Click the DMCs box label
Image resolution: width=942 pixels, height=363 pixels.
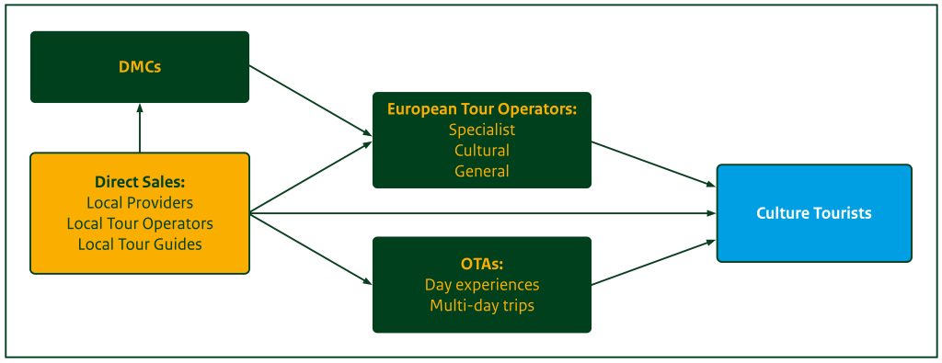pos(140,67)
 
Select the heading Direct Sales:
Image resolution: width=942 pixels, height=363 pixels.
pos(140,182)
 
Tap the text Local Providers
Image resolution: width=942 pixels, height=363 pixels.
pos(140,202)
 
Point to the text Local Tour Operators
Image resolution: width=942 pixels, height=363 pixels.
pos(140,223)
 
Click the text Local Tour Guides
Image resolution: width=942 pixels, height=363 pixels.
pos(140,244)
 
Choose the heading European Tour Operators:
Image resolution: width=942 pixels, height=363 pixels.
pos(481,108)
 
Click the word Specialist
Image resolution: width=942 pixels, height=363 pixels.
pos(481,130)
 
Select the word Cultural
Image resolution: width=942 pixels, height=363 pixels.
pos(481,150)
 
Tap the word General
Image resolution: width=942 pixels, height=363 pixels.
pos(481,171)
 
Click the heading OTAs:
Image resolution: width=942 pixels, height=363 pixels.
pos(481,264)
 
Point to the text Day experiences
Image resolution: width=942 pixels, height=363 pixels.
pos(481,284)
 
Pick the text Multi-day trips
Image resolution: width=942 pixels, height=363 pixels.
pos(481,304)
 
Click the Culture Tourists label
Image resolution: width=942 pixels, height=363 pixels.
pos(813,213)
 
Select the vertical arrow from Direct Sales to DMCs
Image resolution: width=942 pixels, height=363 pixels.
pos(140,128)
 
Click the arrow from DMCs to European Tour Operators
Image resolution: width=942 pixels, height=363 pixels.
pos(310,99)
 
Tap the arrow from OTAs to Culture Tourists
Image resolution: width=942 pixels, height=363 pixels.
pos(653,260)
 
